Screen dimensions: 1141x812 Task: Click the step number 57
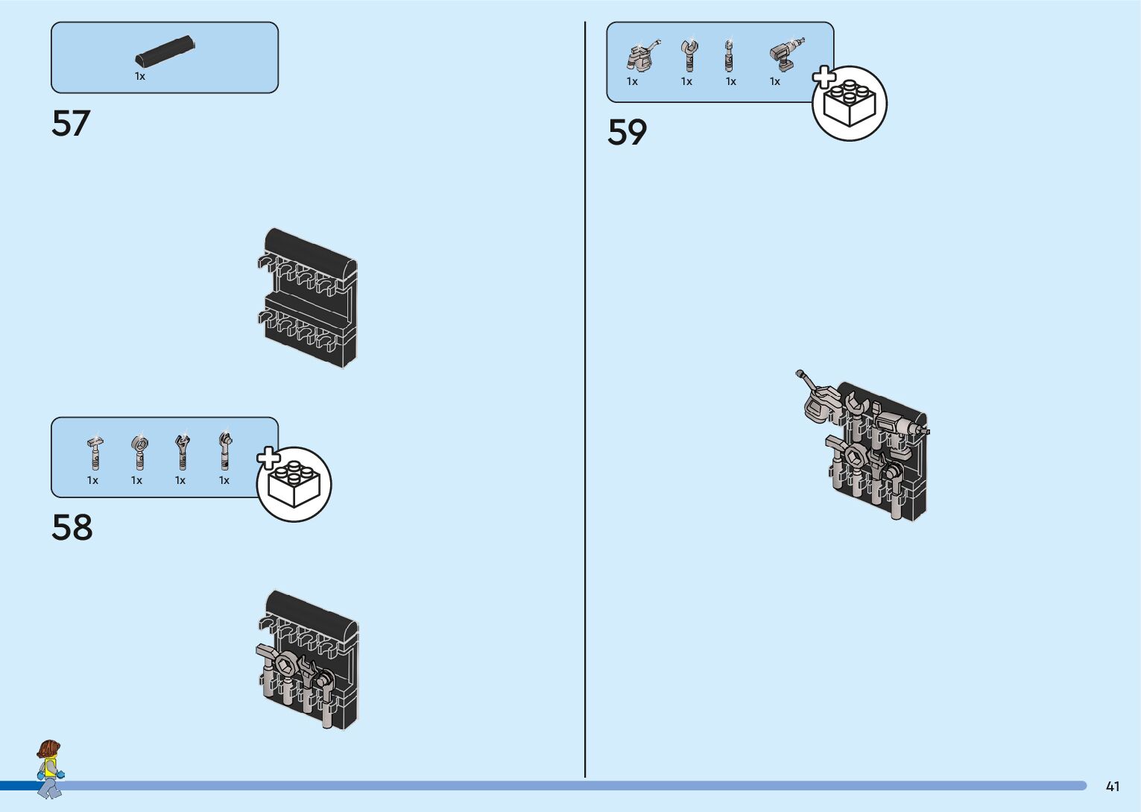(71, 124)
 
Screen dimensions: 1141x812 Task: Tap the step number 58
(72, 527)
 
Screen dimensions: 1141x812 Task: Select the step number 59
(628, 133)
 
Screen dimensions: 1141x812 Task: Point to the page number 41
(1113, 787)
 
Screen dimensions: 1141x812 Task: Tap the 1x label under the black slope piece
(140, 77)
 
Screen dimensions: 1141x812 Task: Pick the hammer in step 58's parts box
(95, 452)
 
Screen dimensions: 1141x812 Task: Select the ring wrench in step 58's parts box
(139, 452)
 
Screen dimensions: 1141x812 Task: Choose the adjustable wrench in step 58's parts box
(182, 452)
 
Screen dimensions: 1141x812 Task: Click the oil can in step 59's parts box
(640, 55)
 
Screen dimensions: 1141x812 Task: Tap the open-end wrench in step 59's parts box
(689, 55)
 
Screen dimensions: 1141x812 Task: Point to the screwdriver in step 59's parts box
(729, 55)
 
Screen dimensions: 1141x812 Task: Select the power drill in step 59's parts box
(786, 54)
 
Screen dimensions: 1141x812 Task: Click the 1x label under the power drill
(775, 82)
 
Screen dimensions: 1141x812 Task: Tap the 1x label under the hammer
(92, 481)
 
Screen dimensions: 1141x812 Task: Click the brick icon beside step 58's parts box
(294, 484)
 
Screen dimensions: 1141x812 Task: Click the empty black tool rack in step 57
(310, 298)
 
